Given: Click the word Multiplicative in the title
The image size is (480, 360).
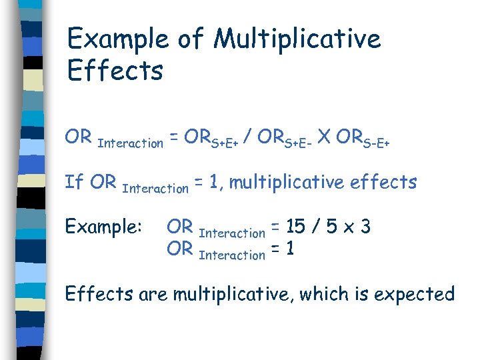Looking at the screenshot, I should (297, 39).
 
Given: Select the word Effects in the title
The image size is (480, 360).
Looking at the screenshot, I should (115, 70).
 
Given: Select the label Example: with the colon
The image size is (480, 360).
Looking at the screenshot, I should (103, 227).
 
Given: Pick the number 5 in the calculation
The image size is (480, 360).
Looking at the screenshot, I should (331, 227).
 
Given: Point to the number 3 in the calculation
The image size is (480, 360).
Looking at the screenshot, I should (365, 227).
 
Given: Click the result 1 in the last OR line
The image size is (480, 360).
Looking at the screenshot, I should (291, 249).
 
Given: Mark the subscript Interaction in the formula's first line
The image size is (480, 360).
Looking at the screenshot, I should (130, 143).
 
